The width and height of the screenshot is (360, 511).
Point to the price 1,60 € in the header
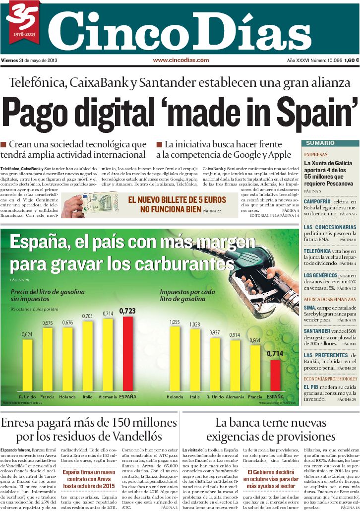click(x=350, y=61)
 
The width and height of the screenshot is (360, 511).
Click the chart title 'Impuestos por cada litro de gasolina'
click(x=187, y=295)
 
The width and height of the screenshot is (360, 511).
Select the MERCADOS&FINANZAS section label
click(x=330, y=300)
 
